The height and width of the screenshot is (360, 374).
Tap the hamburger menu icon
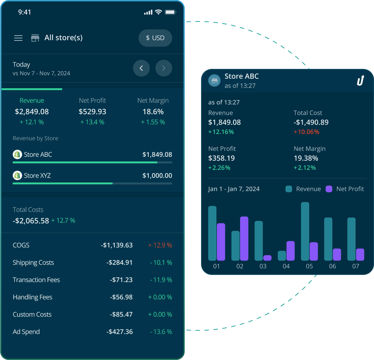click(18, 38)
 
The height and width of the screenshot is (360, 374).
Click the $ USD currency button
click(155, 38)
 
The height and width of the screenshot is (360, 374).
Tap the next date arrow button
click(163, 68)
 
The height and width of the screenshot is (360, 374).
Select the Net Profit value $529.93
click(92, 112)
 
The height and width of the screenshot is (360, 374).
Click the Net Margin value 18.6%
click(153, 112)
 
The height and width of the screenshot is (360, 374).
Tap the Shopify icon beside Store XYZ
click(17, 175)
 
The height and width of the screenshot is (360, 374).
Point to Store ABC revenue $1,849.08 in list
click(157, 155)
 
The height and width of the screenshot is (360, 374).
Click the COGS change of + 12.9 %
click(160, 245)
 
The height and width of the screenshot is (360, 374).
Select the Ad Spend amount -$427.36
click(120, 332)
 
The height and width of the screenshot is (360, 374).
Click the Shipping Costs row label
click(33, 263)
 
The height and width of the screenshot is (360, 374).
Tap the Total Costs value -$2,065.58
click(31, 221)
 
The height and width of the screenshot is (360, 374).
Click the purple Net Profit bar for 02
click(244, 238)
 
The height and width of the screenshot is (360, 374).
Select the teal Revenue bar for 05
click(305, 231)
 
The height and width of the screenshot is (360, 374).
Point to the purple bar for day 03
click(267, 258)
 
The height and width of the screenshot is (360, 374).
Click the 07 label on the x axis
click(356, 266)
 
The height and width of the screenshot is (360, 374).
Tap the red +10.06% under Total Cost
click(307, 132)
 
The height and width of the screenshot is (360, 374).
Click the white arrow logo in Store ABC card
click(361, 81)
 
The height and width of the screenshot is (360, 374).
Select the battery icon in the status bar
click(170, 12)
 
